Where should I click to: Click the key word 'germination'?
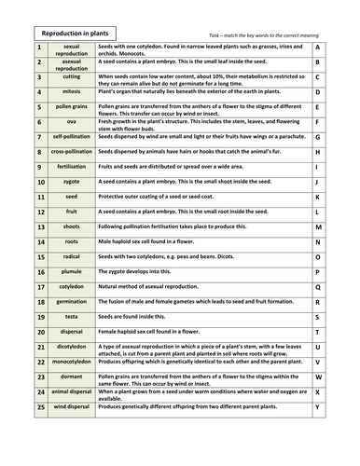click(x=71, y=301)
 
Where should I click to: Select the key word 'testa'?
click(x=71, y=316)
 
